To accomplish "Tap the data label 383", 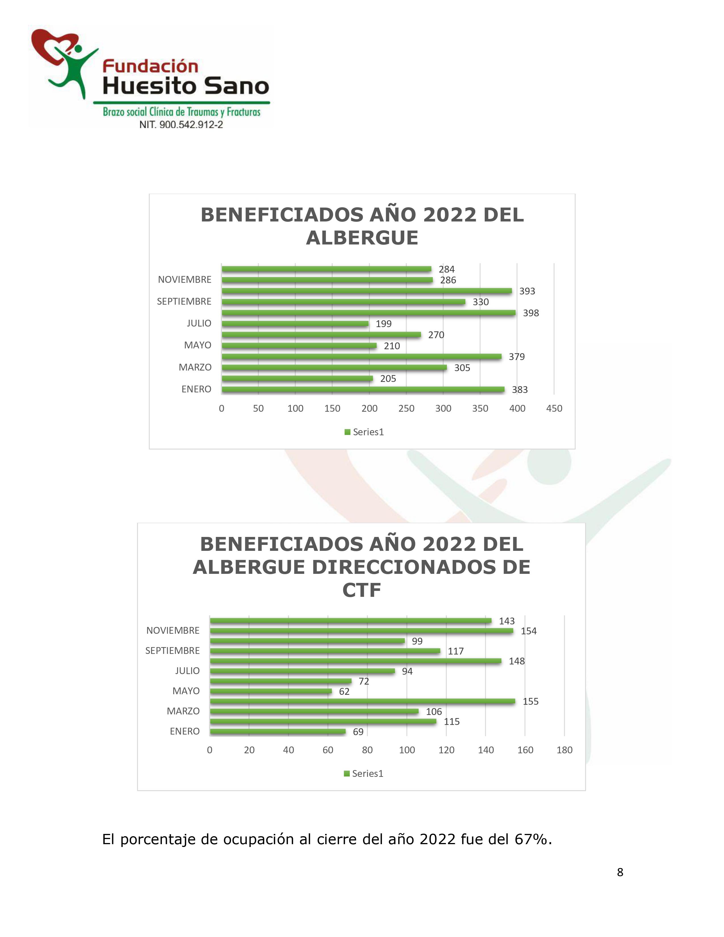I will (x=519, y=390).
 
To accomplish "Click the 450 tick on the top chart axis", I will (x=554, y=408).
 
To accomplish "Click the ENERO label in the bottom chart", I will (x=185, y=731).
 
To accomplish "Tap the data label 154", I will (x=528, y=631).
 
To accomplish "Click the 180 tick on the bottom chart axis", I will (x=564, y=750).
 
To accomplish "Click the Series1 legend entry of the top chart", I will (x=364, y=432).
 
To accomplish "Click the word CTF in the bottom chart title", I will (x=361, y=590).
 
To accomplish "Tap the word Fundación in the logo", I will (x=150, y=66).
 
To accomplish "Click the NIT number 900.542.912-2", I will (x=191, y=125).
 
